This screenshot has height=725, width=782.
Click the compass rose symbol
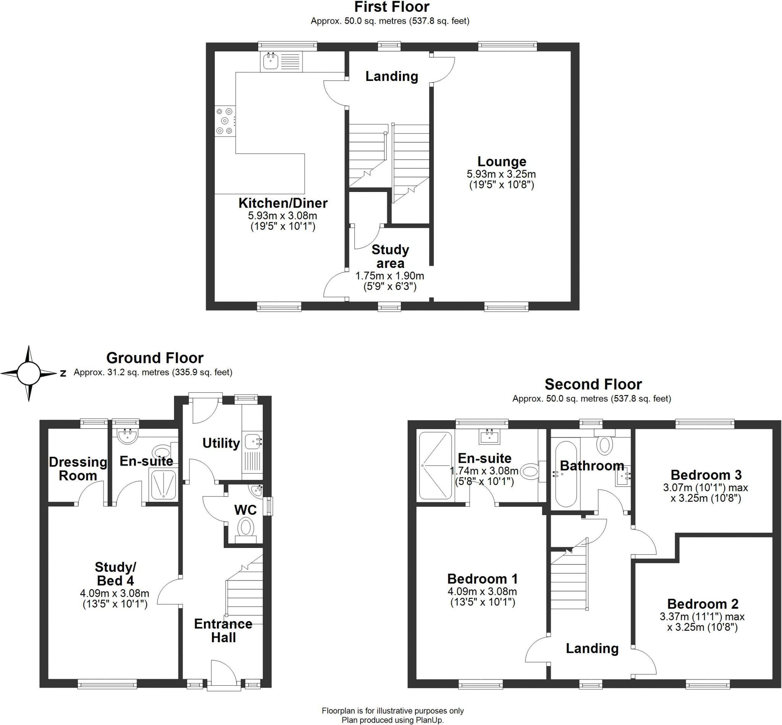click(x=29, y=373)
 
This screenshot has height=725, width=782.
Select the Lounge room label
click(x=502, y=161)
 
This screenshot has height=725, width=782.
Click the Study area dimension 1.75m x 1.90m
click(x=389, y=276)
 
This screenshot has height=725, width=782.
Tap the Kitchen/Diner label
click(x=283, y=203)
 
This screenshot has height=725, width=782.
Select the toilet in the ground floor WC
click(x=246, y=530)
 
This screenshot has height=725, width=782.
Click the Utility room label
click(x=221, y=443)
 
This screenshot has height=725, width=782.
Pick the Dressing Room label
click(x=78, y=469)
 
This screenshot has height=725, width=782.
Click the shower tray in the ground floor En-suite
click(x=163, y=485)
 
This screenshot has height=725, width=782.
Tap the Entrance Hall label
click(x=223, y=630)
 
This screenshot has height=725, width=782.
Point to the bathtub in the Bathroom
click(x=566, y=474)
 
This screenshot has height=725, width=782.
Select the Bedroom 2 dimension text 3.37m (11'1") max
click(x=702, y=616)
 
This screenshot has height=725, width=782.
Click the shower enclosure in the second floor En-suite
click(x=435, y=465)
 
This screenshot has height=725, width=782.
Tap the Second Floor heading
click(x=593, y=384)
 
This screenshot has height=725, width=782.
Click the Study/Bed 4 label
click(x=115, y=574)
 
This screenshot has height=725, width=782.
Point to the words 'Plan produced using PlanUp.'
click(x=393, y=720)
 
